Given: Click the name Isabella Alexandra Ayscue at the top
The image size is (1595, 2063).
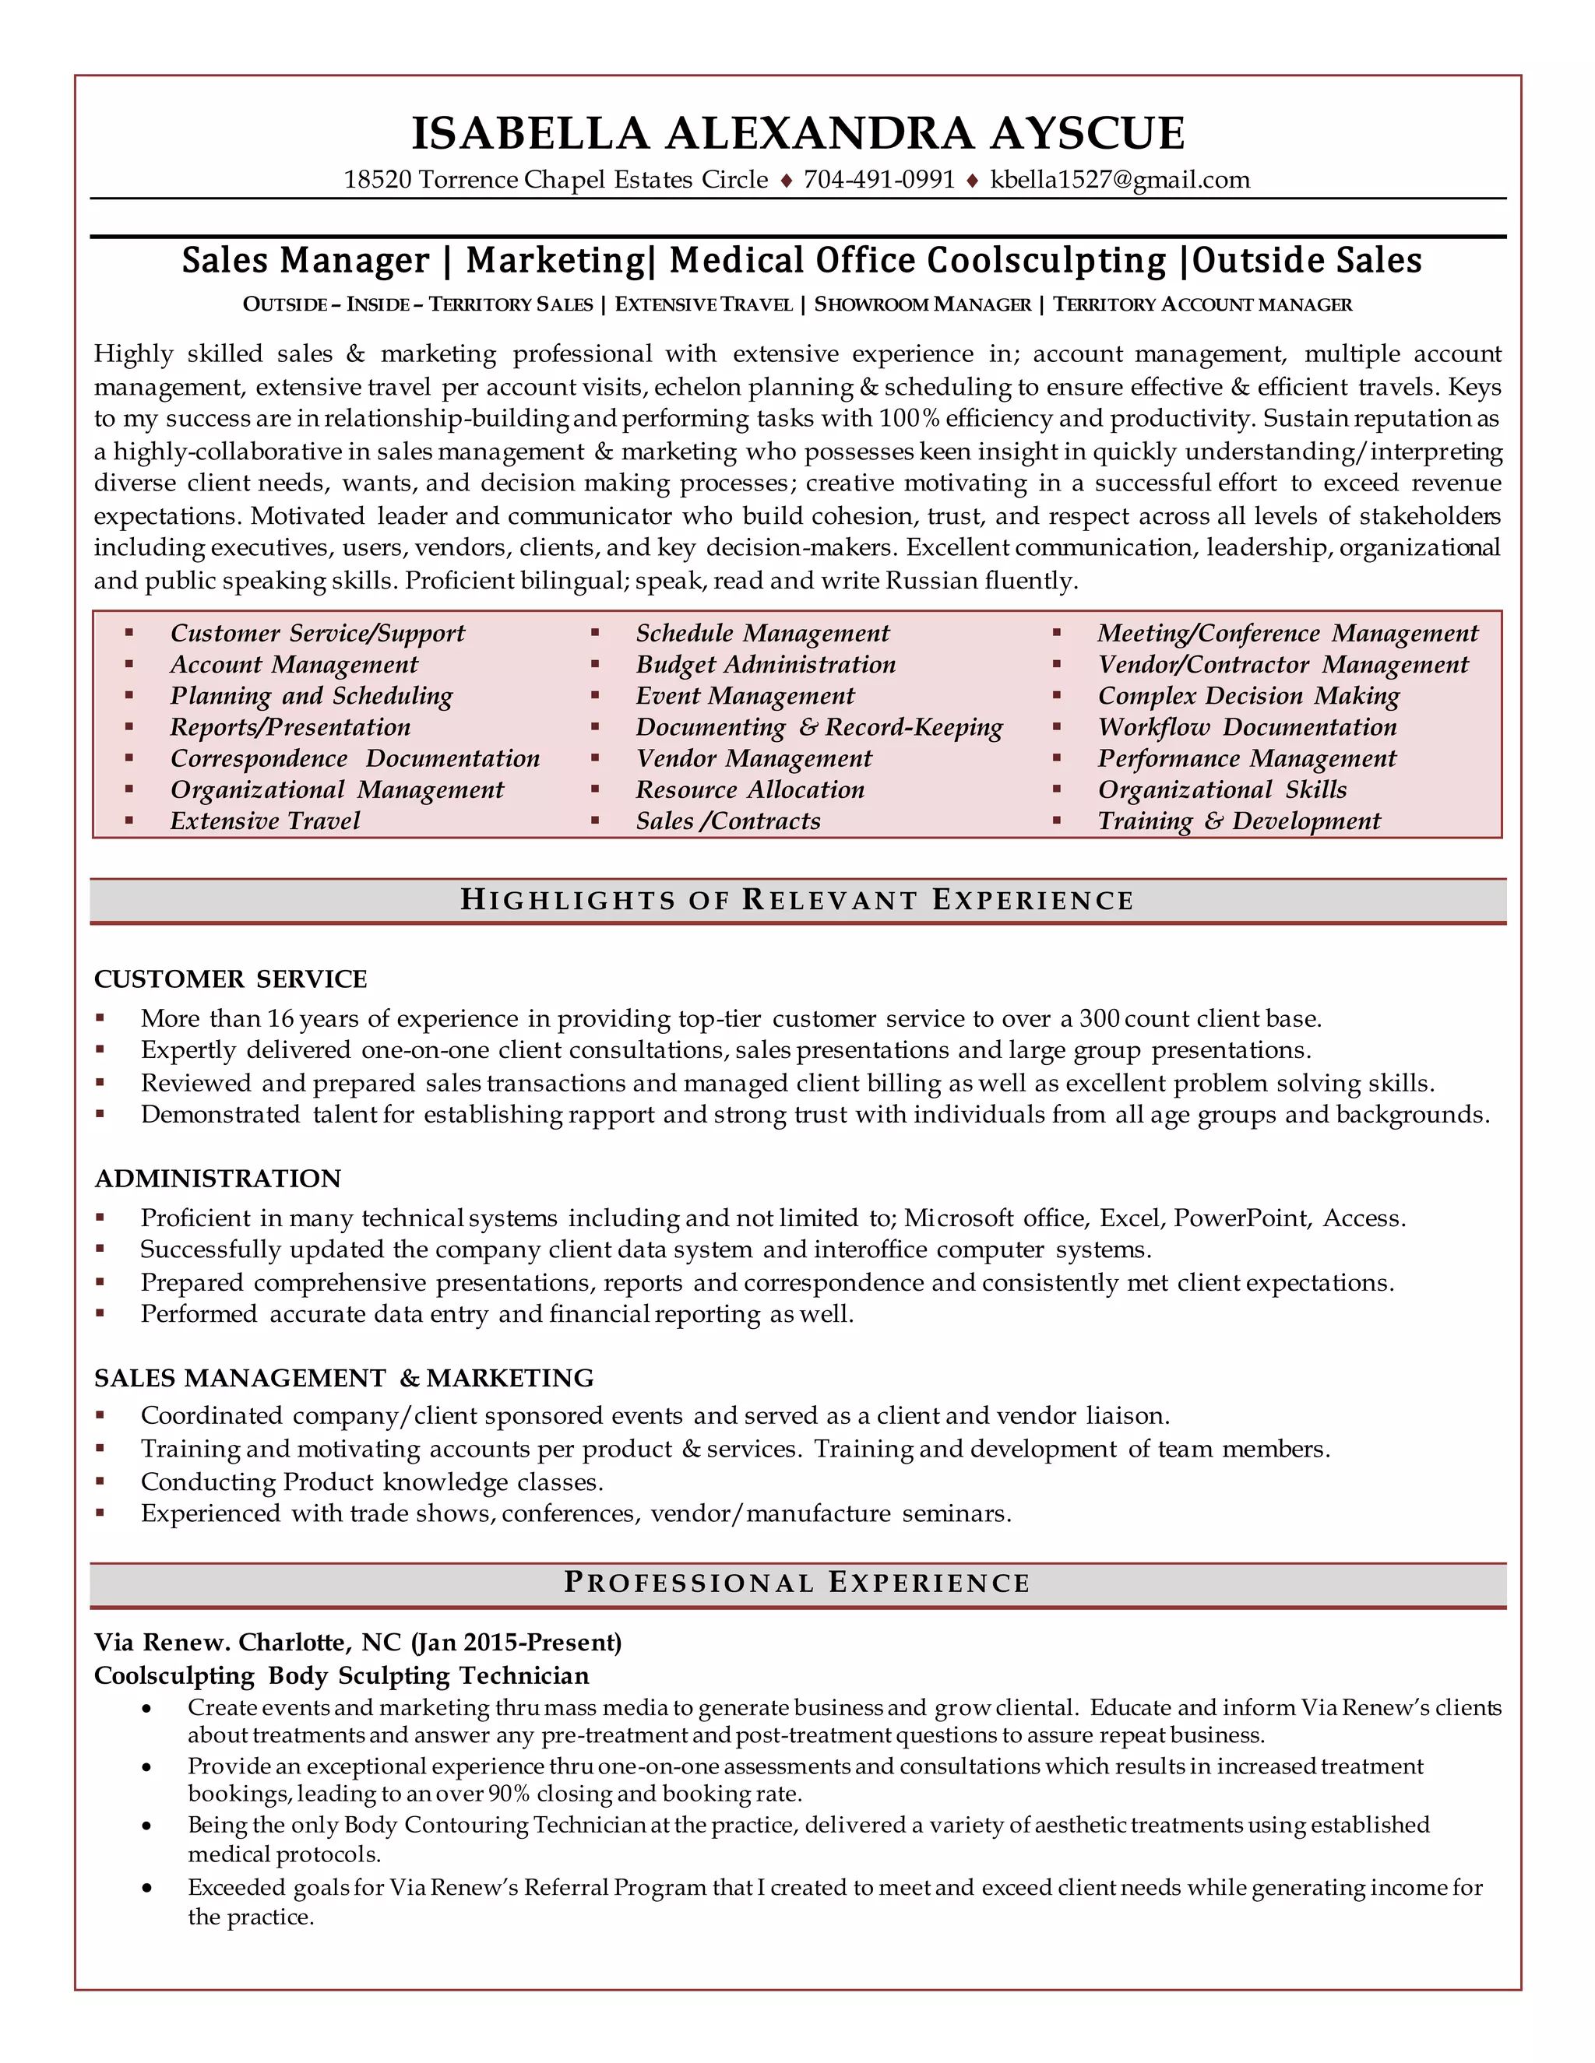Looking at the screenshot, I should pos(797,132).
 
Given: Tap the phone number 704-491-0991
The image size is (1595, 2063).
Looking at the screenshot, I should pos(878,180).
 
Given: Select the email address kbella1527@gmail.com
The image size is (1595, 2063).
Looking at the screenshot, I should pos(1120,180).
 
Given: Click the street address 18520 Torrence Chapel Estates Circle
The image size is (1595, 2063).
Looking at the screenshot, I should pos(555,180).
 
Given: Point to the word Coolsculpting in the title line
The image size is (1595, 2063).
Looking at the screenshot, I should pos(1046,260).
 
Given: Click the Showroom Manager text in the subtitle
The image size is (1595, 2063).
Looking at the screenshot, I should pos(922,304).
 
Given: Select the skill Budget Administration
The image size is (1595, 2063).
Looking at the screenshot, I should pos(766,664).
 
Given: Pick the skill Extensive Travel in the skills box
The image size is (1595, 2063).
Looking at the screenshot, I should pos(265,820).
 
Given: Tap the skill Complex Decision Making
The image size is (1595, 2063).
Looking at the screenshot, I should pos(1248,695).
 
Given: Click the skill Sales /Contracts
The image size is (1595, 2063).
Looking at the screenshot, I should pos(727,820).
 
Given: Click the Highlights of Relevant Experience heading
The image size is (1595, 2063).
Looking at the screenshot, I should pos(797,900).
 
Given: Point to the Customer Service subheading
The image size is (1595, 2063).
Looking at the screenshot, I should pos(231,979).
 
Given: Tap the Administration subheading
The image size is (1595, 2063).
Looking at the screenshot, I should pos(217,1178).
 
